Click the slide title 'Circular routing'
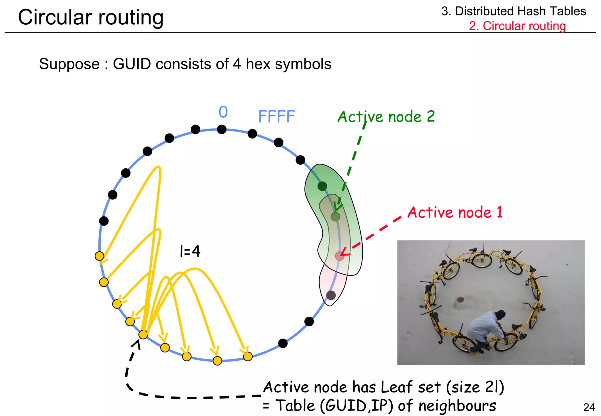[x=91, y=17]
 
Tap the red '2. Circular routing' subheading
[x=517, y=26]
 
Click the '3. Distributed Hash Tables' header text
[x=514, y=11]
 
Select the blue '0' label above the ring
[x=223, y=112]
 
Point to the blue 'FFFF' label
[x=276, y=116]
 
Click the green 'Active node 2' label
[x=386, y=116]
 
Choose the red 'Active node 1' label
[x=455, y=212]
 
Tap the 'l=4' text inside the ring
[x=190, y=251]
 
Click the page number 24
[x=589, y=407]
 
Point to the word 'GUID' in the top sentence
[x=132, y=64]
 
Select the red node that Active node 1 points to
[x=340, y=256]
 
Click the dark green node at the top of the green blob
[x=322, y=186]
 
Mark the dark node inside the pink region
[x=331, y=295]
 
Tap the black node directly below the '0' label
[x=222, y=129]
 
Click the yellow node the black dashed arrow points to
[x=143, y=334]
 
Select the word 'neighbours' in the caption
[x=457, y=406]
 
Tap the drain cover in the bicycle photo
[x=460, y=300]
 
